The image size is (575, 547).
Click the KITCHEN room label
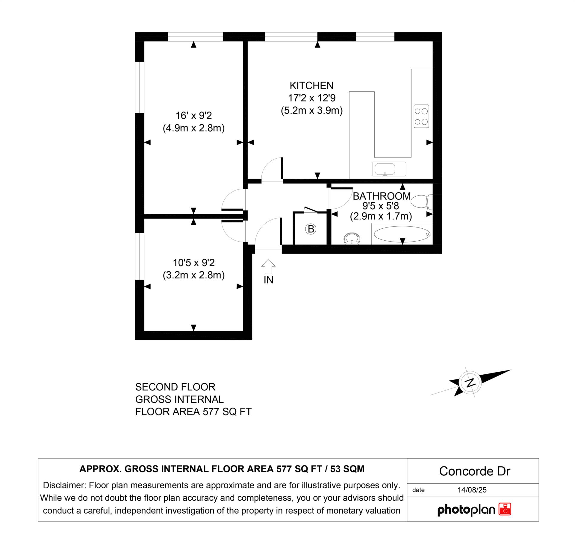311,86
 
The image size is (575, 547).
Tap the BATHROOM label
382,196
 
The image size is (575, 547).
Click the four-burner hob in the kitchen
421,116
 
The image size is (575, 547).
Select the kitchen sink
389,169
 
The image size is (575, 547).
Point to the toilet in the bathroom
420,201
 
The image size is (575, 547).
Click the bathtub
402,234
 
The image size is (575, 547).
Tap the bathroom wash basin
352,239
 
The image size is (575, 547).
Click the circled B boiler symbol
311,229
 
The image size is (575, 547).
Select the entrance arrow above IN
268,266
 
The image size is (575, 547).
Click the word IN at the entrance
268,280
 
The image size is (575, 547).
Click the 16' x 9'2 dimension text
193,115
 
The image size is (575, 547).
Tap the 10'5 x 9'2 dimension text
193,263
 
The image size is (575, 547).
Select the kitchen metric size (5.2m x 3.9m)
311,111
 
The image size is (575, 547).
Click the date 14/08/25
472,490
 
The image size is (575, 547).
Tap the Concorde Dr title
474,471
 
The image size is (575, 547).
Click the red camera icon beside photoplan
505,509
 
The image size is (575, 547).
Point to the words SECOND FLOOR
175,387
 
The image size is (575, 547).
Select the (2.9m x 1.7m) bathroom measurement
381,216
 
